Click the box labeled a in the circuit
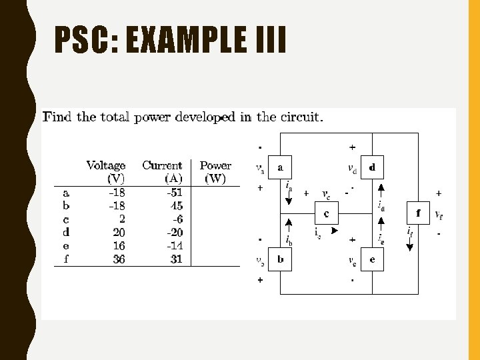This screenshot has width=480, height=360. point(281,167)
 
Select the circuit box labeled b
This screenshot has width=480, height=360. point(281,259)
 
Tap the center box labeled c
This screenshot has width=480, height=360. point(327,213)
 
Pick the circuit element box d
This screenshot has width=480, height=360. point(372,167)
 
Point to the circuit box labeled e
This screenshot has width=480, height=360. point(372,259)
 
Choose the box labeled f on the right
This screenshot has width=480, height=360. point(418,213)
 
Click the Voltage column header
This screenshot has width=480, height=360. point(105,165)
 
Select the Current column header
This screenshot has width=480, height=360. point(162,165)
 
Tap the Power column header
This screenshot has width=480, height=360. point(215,165)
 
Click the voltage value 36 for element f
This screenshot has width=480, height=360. point(119,259)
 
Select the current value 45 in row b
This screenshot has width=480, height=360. point(176,206)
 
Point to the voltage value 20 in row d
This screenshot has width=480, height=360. point(119,233)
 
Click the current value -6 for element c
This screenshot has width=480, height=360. point(176,219)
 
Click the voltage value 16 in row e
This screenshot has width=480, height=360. point(119,246)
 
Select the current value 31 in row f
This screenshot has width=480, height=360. point(176,259)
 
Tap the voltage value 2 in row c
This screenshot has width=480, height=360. point(121,219)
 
